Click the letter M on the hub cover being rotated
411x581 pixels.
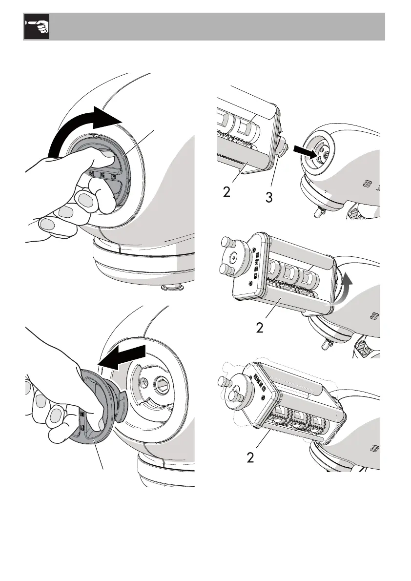pyautogui.click(x=91, y=173)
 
